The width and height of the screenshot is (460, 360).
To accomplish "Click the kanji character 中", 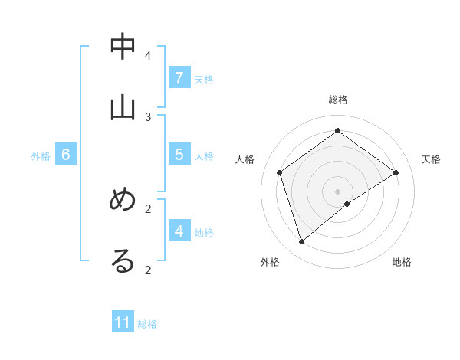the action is click(123, 47).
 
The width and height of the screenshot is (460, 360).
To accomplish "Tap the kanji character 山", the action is click(123, 108).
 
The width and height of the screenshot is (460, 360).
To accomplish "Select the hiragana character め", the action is click(123, 201).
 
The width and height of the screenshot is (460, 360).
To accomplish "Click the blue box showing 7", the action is click(179, 77).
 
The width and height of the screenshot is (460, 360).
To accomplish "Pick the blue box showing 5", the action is click(179, 154).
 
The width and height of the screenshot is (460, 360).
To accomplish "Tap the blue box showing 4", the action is click(179, 230).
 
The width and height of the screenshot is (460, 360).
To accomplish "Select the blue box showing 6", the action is click(66, 155).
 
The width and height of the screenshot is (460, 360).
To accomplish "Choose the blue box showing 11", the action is click(123, 322).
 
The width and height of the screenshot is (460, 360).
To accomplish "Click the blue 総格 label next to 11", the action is click(147, 324).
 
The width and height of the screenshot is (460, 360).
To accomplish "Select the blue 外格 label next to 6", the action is click(41, 156).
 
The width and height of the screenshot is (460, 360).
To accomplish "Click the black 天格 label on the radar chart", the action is click(431, 159).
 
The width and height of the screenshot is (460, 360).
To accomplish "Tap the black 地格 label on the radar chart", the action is click(402, 262).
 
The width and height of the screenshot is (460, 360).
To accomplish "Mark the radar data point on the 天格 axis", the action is click(396, 173).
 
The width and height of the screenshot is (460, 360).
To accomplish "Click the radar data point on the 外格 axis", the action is click(301, 242).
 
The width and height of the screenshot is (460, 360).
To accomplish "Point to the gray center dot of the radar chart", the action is click(338, 191).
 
